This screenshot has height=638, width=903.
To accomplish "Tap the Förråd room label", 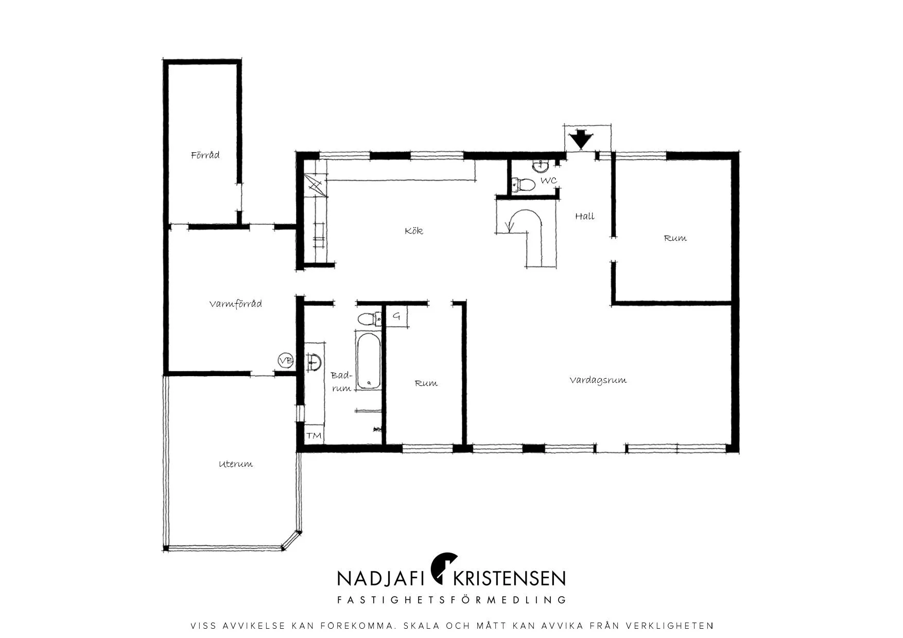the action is point(205,155).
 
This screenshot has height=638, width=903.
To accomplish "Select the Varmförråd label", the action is point(235,304).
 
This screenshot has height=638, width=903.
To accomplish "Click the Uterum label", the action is point(236,464).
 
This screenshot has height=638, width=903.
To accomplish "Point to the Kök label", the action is point(414,231).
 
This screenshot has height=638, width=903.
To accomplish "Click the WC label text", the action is point(548,181).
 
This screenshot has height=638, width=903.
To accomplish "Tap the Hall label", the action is point(585,216).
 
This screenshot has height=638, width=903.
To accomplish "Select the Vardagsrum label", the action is point(598,380).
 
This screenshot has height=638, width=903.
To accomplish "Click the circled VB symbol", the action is point(285,361).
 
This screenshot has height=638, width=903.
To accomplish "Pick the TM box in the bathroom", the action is point(314,436).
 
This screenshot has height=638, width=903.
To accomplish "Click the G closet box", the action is point(396,316).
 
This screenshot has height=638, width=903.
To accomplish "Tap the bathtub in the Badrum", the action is point(369,361).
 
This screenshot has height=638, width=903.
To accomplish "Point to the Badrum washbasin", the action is point(314,361).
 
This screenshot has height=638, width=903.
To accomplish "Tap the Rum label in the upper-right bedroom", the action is point(675,238).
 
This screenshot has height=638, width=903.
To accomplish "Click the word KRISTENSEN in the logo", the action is point(509,578).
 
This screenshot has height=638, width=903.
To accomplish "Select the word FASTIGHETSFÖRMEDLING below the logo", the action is point(451,600).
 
